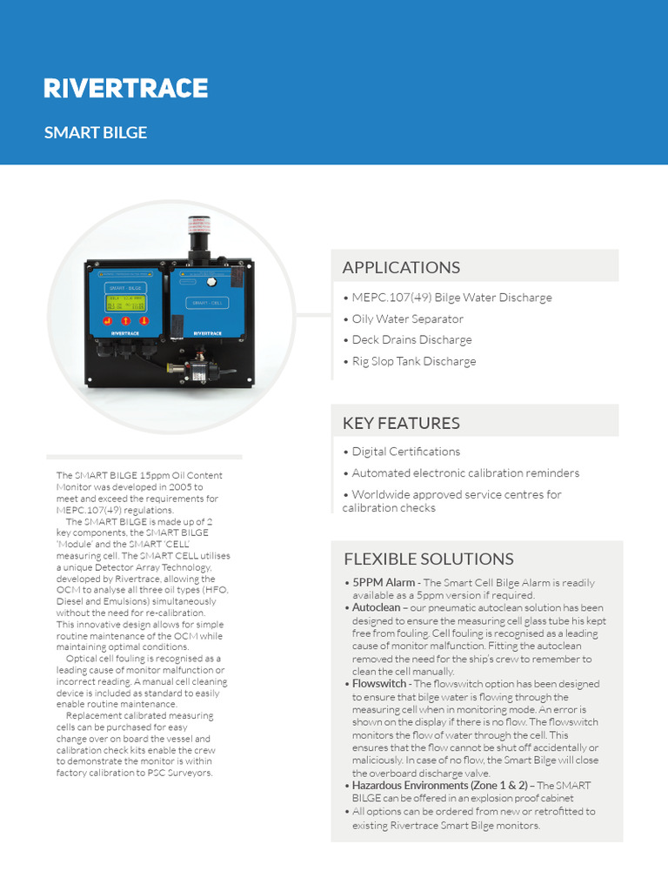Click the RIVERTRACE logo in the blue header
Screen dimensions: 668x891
tap(126, 88)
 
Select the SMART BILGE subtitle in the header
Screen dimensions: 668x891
tap(96, 133)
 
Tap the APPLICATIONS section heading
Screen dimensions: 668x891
tap(401, 267)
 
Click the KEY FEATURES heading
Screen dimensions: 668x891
tap(401, 423)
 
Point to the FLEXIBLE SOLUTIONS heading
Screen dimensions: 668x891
tap(429, 559)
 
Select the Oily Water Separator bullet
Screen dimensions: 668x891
tap(407, 318)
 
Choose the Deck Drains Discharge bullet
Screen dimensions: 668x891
tap(411, 339)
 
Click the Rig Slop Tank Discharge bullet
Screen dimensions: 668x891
tap(413, 361)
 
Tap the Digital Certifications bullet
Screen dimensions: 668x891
tap(405, 452)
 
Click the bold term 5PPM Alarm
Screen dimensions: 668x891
tap(383, 582)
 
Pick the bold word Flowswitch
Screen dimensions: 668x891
tap(378, 684)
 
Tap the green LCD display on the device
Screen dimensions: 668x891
tap(125, 302)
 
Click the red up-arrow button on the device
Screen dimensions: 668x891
tap(125, 320)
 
